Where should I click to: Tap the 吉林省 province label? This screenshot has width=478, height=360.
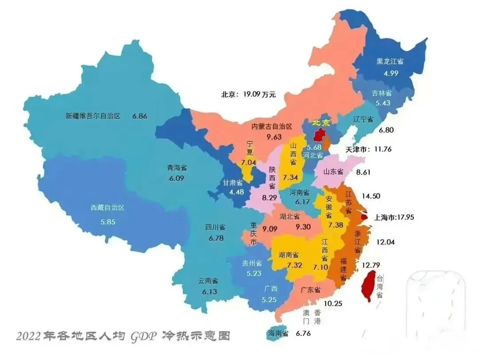tap(381, 93)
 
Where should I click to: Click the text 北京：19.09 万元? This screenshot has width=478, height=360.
tap(248, 94)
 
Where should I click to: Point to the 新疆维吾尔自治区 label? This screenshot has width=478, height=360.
tap(93, 117)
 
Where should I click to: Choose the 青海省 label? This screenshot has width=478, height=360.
tap(177, 168)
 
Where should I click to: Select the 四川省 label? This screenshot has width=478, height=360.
tap(215, 227)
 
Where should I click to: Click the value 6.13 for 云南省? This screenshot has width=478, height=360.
tap(208, 292)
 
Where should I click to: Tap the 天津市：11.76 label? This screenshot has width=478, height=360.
tap(368, 149)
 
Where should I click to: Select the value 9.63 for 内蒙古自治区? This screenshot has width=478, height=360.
tap(274, 137)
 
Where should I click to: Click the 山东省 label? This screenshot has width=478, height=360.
tap(333, 172)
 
